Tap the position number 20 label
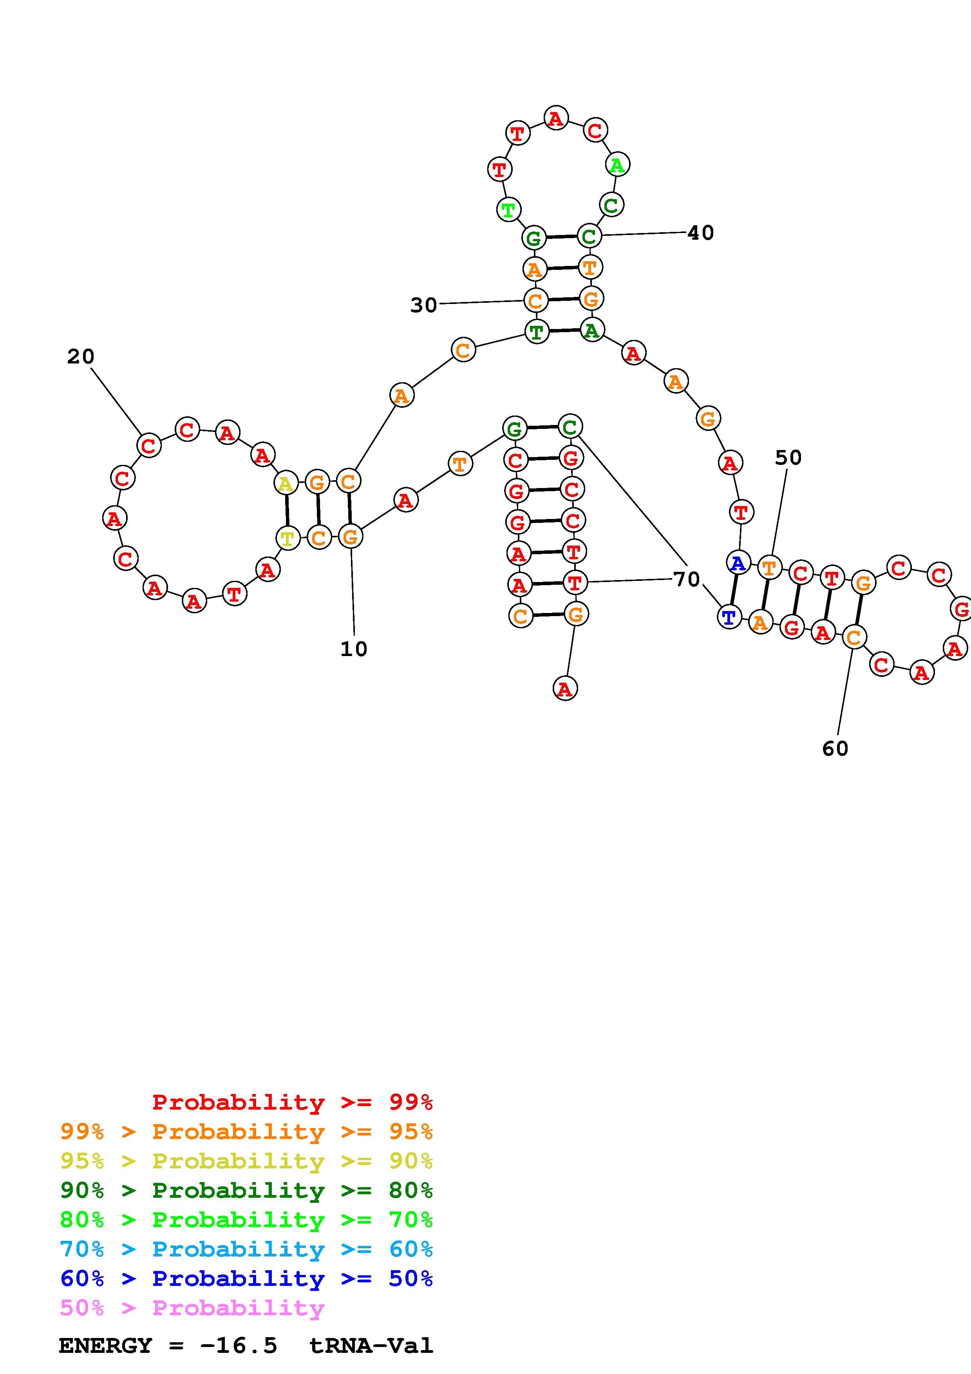pyautogui.click(x=81, y=357)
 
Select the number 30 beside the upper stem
pyautogui.click(x=423, y=305)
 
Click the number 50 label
pyautogui.click(x=788, y=458)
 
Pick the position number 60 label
pyautogui.click(x=835, y=748)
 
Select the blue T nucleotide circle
pyautogui.click(x=729, y=617)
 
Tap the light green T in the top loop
pyautogui.click(x=508, y=210)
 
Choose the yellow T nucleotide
pyautogui.click(x=288, y=538)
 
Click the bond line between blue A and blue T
pyautogui.click(x=734, y=590)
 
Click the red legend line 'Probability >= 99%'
pyautogui.click(x=293, y=1102)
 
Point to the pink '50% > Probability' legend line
pyautogui.click(x=192, y=1307)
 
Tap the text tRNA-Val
pyautogui.click(x=371, y=1346)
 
